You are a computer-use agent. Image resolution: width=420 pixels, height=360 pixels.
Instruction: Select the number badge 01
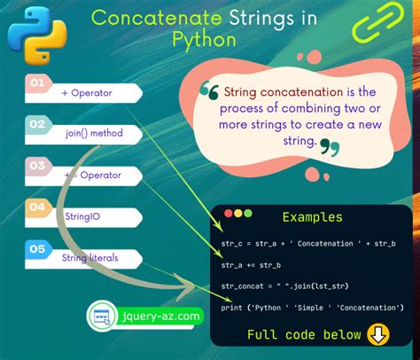tap(37, 84)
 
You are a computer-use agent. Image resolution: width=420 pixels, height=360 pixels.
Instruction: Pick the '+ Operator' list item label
tap(86, 91)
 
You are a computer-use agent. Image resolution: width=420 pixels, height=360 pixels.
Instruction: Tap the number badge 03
tap(37, 166)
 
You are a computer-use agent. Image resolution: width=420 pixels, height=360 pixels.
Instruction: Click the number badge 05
tap(37, 249)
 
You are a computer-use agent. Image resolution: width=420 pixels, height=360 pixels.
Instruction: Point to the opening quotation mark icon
tap(210, 91)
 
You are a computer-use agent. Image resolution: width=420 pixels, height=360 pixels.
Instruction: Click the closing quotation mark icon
tap(329, 146)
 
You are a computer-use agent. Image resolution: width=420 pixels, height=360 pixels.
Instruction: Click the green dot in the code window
tap(248, 214)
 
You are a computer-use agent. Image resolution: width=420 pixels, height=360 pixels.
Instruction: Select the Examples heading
tap(312, 217)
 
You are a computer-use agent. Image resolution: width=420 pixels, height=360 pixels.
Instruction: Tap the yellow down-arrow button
tap(377, 334)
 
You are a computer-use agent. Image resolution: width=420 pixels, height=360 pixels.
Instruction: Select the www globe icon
tap(104, 316)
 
